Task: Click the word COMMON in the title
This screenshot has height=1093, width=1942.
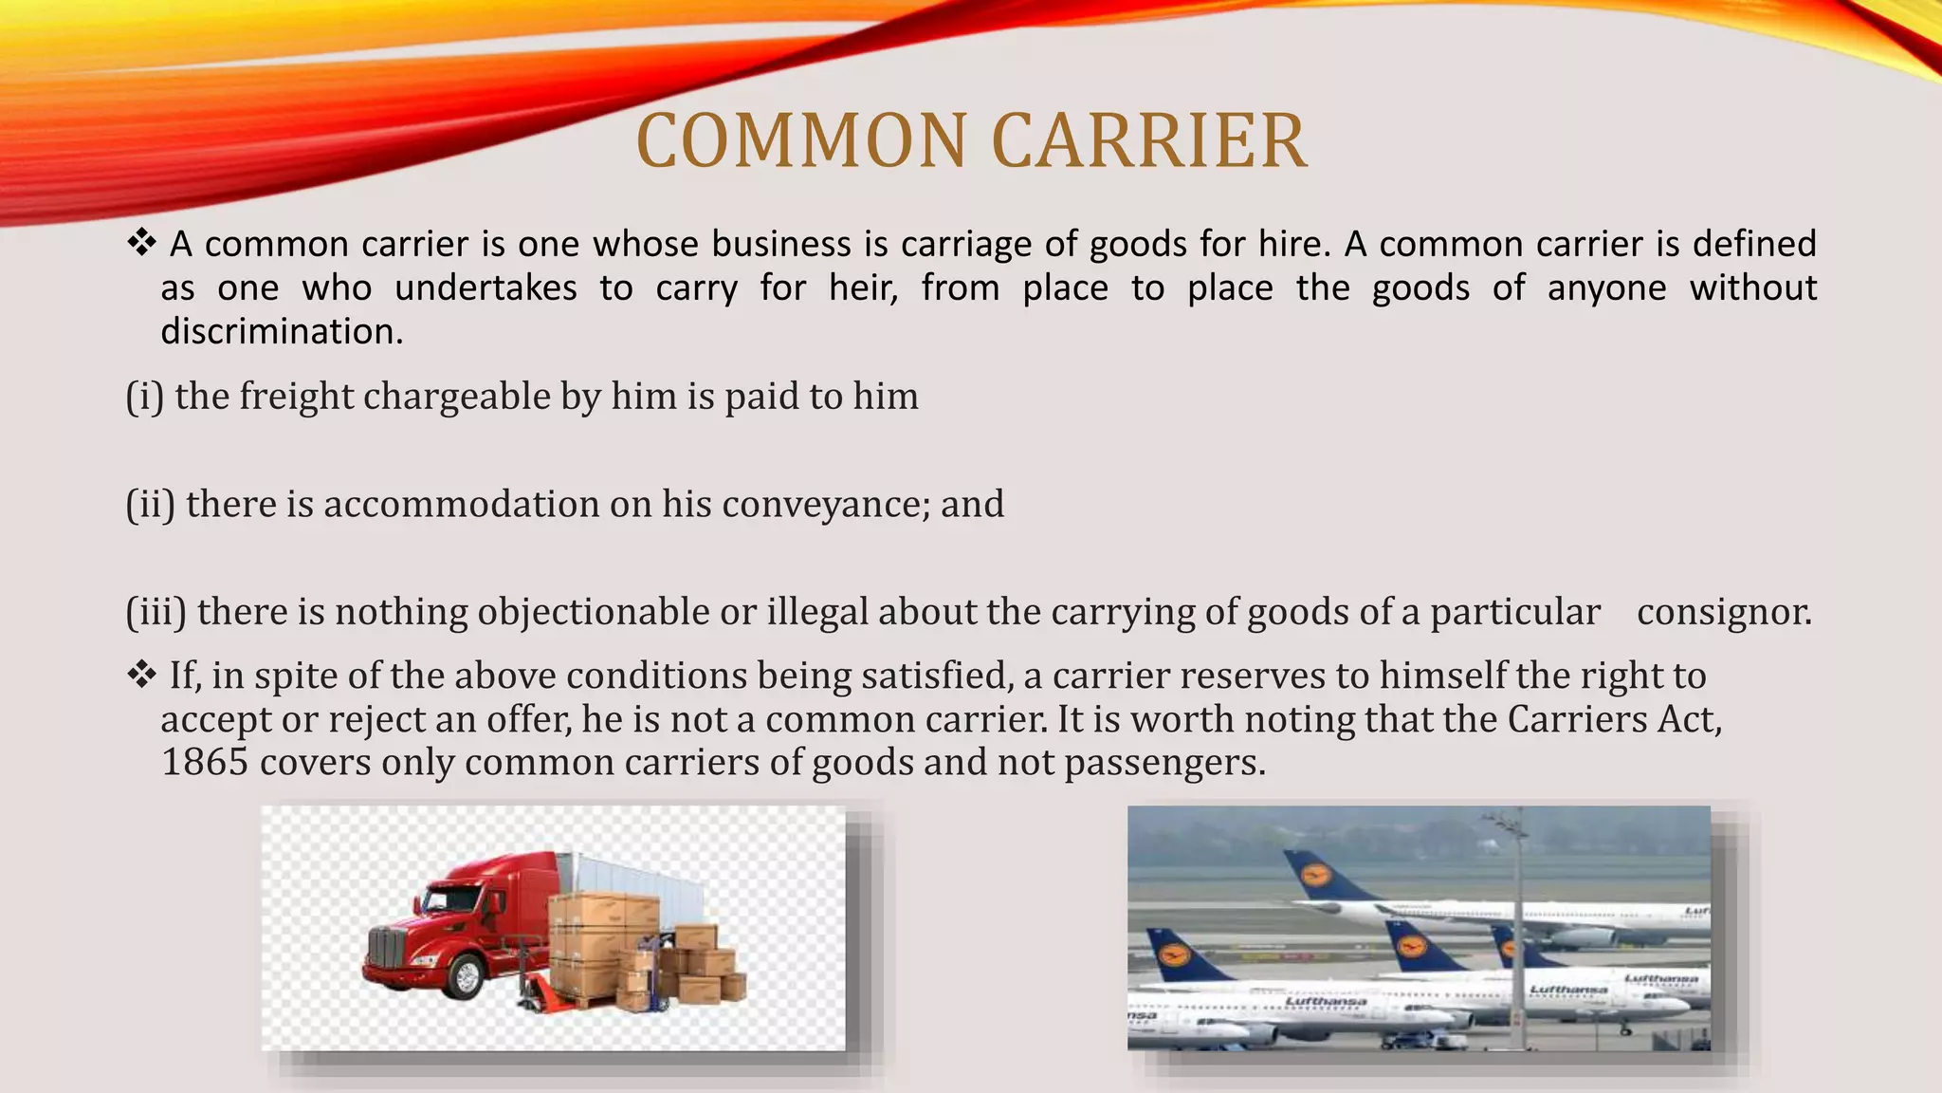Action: [802, 141]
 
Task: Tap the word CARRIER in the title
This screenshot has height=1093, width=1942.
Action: [1149, 141]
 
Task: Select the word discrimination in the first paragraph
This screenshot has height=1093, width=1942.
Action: [282, 331]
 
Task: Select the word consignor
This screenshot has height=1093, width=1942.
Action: [1724, 612]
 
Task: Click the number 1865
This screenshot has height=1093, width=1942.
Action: [205, 762]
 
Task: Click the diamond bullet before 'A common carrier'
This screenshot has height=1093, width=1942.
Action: [141, 243]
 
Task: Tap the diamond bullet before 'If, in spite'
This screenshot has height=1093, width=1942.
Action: [141, 675]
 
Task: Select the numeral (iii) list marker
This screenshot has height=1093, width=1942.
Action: [156, 612]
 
